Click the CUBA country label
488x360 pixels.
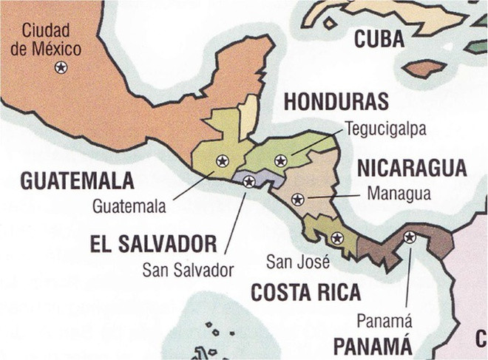pos(379,39)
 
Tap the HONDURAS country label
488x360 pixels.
pos(336,102)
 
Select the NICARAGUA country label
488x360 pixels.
pos(412,169)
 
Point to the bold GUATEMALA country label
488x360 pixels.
pos(78,181)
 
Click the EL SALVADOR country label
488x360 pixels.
pos(154,243)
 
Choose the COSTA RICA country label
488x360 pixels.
pos(305,292)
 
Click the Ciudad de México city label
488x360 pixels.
pos(51,40)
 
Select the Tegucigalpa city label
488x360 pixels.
pos(385,129)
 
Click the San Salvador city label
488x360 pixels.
pos(188,269)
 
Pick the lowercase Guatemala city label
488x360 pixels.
pos(129,206)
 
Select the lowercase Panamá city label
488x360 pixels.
pos(384,321)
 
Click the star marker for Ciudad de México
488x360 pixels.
pos(61,68)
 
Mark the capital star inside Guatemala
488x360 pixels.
pos(221,160)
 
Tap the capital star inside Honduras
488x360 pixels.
pos(280,160)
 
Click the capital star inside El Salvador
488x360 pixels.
pos(249,181)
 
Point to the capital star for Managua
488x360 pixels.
pos(297,199)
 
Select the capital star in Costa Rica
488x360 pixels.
pos(337,238)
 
